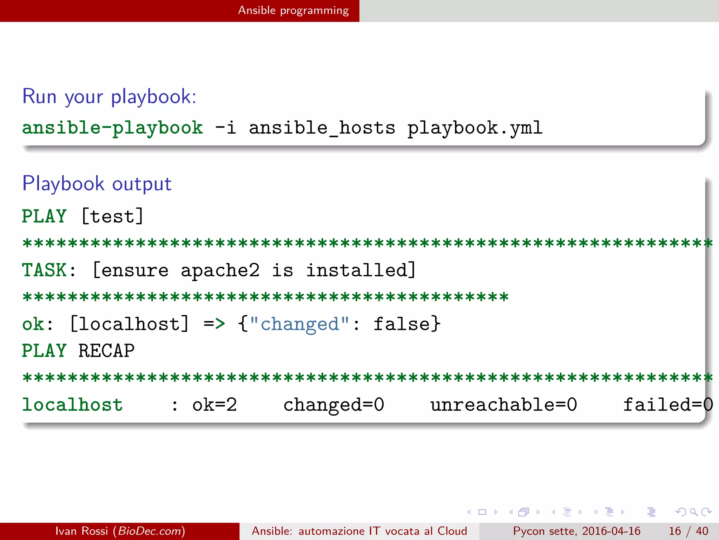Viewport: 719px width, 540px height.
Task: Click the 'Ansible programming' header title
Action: [293, 11]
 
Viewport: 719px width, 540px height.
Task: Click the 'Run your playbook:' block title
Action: [109, 96]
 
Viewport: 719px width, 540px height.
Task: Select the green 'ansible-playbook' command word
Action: [112, 128]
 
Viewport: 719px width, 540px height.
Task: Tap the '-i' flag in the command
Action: [225, 128]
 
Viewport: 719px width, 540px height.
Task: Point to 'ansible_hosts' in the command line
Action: [322, 128]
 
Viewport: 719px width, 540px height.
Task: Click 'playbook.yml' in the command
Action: [475, 128]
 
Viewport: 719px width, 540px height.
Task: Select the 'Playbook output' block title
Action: [97, 184]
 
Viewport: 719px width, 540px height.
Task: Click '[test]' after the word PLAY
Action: [112, 216]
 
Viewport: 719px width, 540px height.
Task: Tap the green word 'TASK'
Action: [45, 270]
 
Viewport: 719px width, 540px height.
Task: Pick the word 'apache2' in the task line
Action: [220, 270]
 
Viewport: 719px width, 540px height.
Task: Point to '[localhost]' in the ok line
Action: [130, 324]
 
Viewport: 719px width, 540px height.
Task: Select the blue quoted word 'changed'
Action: [299, 324]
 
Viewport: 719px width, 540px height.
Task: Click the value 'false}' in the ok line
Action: [407, 324]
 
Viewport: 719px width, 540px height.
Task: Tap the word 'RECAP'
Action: [106, 351]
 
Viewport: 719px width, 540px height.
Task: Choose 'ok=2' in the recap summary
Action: [215, 405]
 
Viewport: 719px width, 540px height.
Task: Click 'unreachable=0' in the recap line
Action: [504, 405]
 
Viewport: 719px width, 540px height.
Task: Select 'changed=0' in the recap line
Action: [334, 405]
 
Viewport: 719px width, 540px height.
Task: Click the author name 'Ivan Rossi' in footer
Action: [81, 531]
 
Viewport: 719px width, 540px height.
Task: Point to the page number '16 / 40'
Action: [688, 531]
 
